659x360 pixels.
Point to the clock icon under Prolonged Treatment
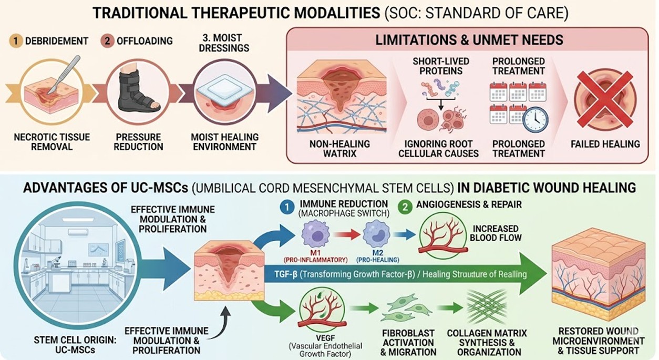pos(535,119)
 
